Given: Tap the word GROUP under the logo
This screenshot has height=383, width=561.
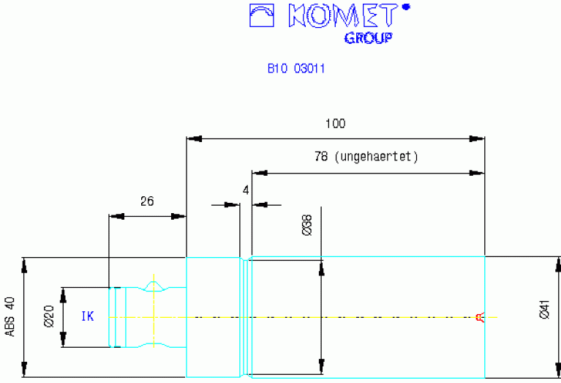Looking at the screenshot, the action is point(368,37).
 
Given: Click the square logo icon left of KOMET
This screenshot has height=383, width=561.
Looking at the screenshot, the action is point(262,15).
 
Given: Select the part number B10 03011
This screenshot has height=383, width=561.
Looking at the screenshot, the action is point(296,68).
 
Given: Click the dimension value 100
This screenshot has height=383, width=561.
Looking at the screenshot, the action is point(335,124).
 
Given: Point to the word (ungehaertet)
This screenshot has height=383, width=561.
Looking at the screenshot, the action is point(376,157).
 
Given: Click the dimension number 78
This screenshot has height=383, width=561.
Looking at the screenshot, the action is point(321,156).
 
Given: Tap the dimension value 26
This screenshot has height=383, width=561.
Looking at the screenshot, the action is point(147,201).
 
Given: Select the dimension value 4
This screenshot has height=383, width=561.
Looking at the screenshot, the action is point(246,190).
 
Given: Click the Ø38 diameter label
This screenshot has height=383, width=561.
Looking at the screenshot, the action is point(307,225).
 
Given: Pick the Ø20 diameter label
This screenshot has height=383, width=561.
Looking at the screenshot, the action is point(49,316).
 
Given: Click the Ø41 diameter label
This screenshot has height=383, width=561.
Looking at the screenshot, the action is point(544,310).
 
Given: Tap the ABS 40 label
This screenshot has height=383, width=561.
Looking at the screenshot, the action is point(10,316).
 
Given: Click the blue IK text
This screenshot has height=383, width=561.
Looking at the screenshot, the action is point(88,316).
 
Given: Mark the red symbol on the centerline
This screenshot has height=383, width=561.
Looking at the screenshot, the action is point(480,317).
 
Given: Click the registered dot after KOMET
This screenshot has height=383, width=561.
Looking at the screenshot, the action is point(406,7).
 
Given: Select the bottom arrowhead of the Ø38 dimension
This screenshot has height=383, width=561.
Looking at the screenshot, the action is point(321,366).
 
